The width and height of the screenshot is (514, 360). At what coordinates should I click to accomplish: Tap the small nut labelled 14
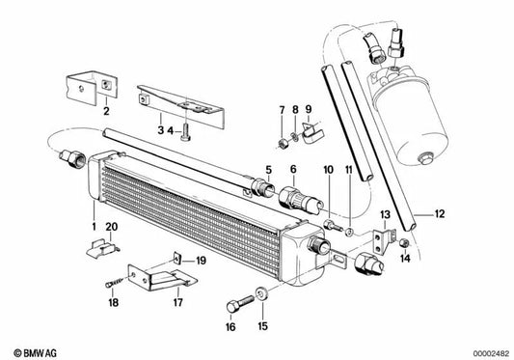[406, 241]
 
